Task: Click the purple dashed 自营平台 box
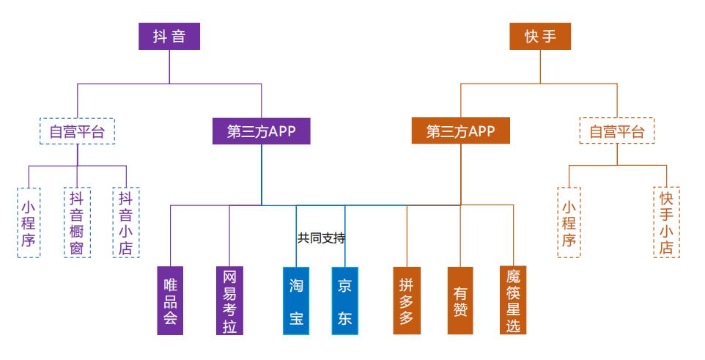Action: tap(77, 132)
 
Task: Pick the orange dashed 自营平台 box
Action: tap(617, 132)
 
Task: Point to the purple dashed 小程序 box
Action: tap(28, 221)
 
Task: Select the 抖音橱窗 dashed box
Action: tap(77, 221)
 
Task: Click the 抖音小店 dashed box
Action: tap(126, 221)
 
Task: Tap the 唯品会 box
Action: tap(170, 301)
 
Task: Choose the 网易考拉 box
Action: tap(229, 301)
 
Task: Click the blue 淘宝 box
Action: tap(296, 301)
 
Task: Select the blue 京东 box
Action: tap(344, 301)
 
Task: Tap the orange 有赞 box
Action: tap(460, 301)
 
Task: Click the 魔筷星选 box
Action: tap(513, 301)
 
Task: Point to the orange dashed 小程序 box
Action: tap(569, 221)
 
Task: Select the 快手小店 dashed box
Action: tap(666, 221)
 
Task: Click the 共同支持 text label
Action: tap(321, 238)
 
